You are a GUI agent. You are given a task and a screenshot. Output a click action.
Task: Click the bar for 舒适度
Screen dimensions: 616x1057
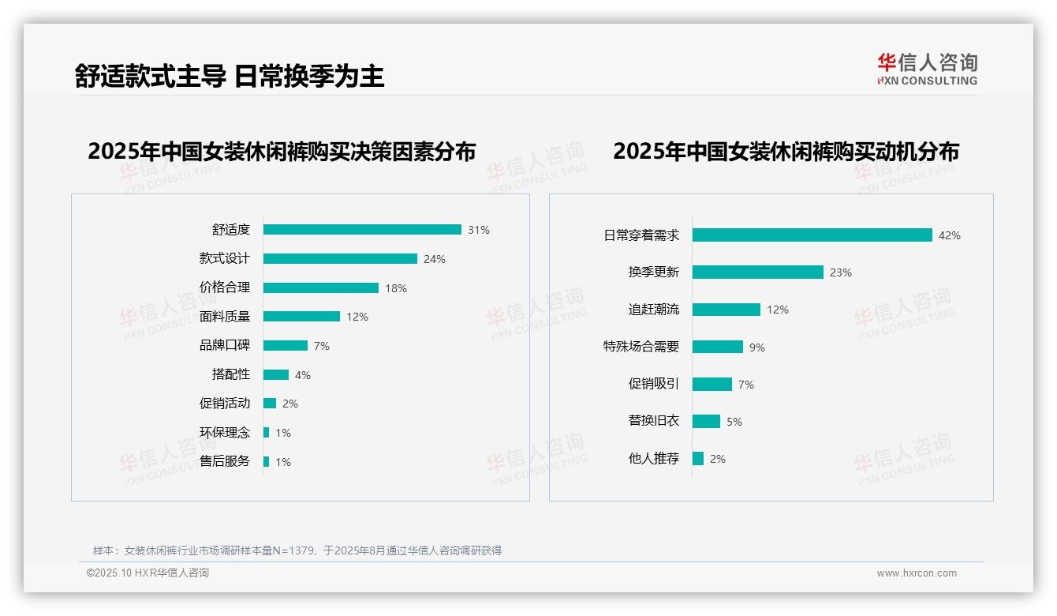[x=362, y=230]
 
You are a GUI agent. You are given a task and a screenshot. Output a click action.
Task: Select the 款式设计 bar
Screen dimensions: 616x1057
[x=340, y=259]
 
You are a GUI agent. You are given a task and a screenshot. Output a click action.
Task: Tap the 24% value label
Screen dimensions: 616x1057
[x=435, y=259]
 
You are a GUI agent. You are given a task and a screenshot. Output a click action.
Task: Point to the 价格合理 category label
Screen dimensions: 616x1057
[x=225, y=287]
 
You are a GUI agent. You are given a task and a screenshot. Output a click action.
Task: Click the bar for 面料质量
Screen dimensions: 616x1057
[x=301, y=317]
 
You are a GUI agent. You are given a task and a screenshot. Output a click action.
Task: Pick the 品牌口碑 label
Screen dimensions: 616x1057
[x=225, y=345]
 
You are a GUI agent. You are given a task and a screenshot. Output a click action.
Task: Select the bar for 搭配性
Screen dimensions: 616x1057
[x=276, y=374]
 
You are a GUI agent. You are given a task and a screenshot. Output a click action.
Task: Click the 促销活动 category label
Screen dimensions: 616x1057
[x=225, y=403]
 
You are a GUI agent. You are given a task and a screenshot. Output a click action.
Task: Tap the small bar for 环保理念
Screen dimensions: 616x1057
[x=267, y=433]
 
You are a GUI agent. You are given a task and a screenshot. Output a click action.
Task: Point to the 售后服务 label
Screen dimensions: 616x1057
[x=225, y=461]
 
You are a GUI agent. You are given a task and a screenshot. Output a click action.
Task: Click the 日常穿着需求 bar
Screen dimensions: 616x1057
[x=812, y=235]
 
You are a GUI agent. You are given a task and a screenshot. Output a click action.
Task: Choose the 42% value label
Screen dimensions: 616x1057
[x=949, y=235]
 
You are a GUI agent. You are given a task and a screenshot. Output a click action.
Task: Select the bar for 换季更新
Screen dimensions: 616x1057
[x=758, y=272]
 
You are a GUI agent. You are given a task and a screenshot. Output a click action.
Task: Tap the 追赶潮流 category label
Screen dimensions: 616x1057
[x=654, y=310]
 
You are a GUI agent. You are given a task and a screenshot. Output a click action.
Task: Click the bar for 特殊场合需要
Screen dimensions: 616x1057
[x=718, y=347]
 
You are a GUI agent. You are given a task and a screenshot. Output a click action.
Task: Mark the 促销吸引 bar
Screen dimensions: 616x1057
[x=712, y=384]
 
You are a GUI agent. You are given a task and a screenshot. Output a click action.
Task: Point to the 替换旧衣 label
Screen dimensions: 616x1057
[x=654, y=421]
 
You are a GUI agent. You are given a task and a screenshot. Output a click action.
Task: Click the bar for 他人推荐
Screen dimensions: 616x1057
[x=698, y=458]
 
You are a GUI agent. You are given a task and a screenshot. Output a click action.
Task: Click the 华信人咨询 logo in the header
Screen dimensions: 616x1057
[x=927, y=69]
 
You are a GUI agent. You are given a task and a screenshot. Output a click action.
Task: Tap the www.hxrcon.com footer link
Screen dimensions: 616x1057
[x=917, y=573]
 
